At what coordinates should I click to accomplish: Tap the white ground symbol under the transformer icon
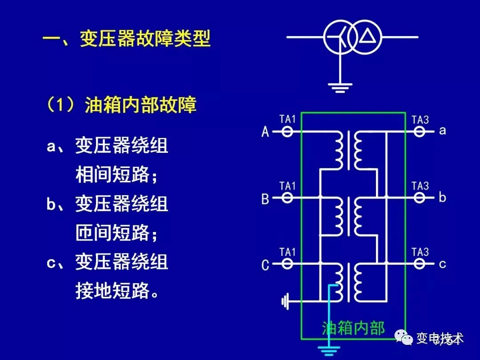pos(340,87)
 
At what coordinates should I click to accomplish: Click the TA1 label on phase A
pos(288,119)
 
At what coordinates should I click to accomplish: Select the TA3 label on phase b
pos(420,185)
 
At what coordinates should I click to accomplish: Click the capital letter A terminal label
pos(265,132)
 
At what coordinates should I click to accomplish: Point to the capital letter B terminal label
pos(265,198)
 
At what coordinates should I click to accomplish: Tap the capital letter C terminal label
pos(265,265)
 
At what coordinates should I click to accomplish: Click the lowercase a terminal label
pos(442,131)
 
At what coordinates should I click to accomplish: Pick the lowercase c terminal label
pos(442,264)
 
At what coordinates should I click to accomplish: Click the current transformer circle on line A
pos(288,132)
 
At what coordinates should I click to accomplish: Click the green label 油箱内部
pos(353,328)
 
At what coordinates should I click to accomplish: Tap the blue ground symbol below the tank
pos(328,351)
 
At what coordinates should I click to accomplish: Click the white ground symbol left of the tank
pos(285,303)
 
